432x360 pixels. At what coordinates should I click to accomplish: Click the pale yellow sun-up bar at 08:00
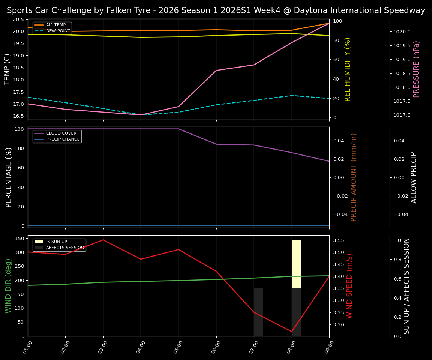click(296, 264)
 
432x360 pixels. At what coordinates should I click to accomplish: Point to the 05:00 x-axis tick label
click(178, 347)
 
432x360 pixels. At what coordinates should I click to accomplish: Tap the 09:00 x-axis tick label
click(329, 347)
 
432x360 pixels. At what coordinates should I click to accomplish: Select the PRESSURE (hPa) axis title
click(416, 69)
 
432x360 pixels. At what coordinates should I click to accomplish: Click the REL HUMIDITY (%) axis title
click(348, 69)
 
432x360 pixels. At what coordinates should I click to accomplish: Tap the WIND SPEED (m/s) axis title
click(349, 286)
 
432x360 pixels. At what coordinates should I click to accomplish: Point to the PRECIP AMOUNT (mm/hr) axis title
click(354, 177)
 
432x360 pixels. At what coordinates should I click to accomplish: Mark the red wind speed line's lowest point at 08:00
click(291, 331)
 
